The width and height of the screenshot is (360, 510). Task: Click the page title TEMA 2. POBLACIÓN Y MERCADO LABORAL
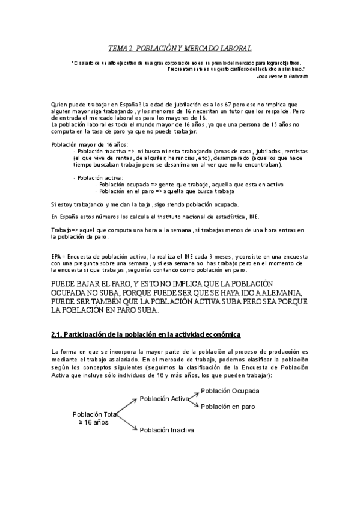[x=180, y=48]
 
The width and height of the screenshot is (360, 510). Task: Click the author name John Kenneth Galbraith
[x=282, y=76]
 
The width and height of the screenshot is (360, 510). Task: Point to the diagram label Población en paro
[x=228, y=407]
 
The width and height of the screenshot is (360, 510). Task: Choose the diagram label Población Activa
[x=164, y=399]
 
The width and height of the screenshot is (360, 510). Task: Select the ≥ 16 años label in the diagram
[x=93, y=423]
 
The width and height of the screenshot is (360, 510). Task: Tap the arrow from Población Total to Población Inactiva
[x=126, y=422]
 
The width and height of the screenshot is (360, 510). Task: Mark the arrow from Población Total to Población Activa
[x=126, y=406]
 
